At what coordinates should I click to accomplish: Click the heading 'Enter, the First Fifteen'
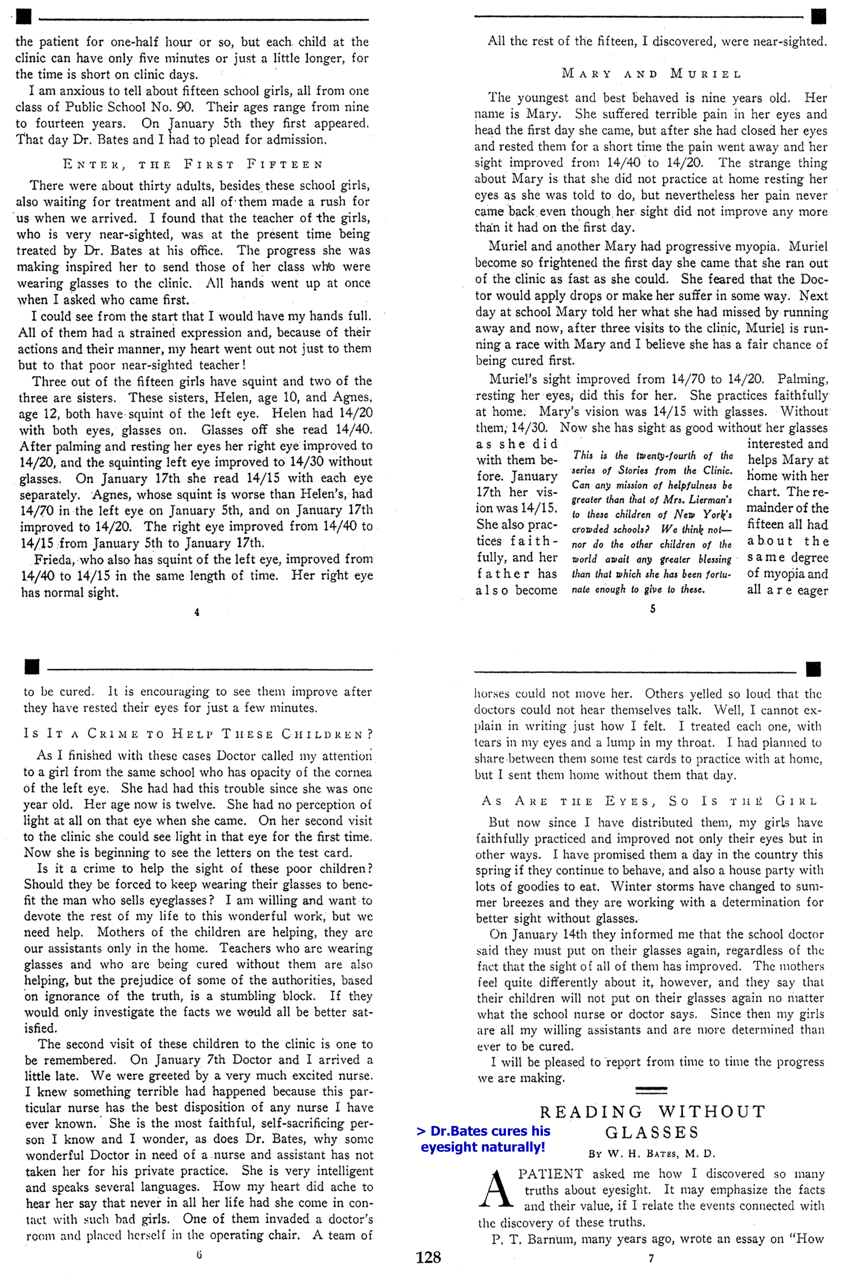click(193, 164)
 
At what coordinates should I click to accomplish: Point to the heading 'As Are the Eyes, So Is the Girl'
click(649, 801)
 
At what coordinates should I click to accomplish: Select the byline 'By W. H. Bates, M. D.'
click(652, 1154)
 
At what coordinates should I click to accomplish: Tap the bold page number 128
click(428, 1257)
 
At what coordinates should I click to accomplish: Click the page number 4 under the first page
click(197, 612)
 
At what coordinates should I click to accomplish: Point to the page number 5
click(652, 609)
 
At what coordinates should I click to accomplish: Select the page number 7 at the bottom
click(651, 1258)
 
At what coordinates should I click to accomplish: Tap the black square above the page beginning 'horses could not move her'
click(813, 670)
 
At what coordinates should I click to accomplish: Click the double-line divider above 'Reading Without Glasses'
click(651, 1091)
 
